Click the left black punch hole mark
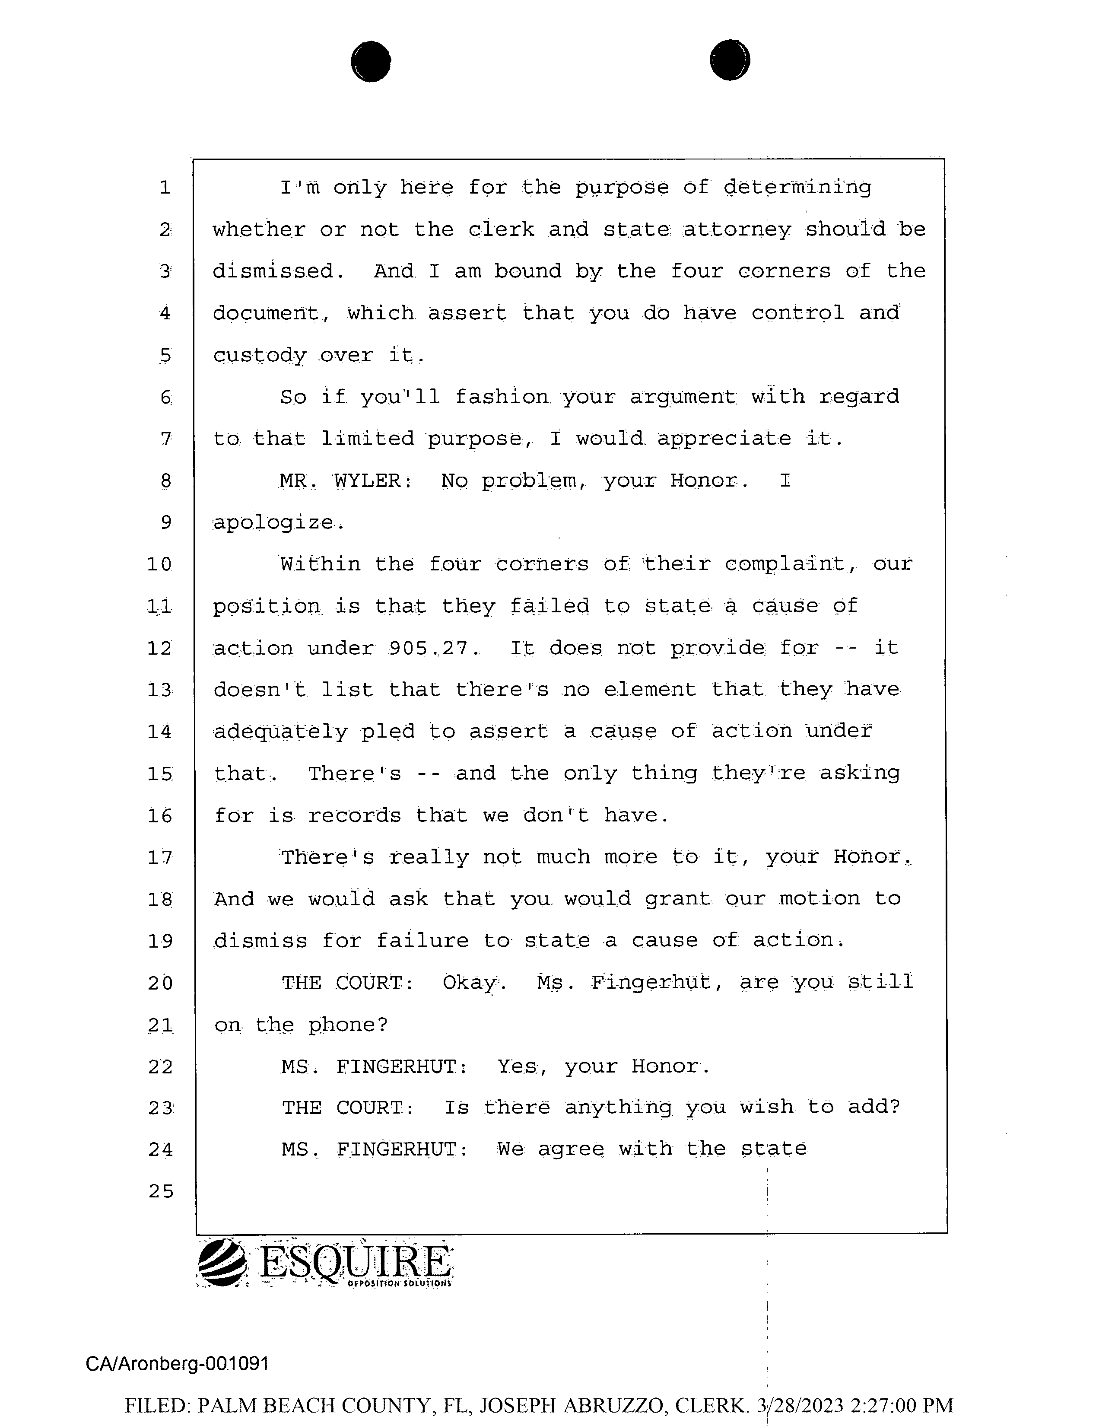371,61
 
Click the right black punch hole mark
730,60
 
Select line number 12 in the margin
159,648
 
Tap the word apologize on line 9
277,523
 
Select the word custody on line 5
260,356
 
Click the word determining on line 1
797,188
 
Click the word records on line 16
354,815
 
